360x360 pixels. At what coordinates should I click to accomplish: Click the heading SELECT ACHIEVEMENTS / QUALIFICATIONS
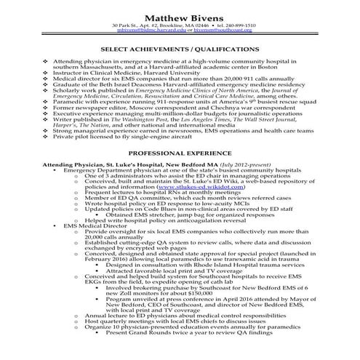coord(180,50)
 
